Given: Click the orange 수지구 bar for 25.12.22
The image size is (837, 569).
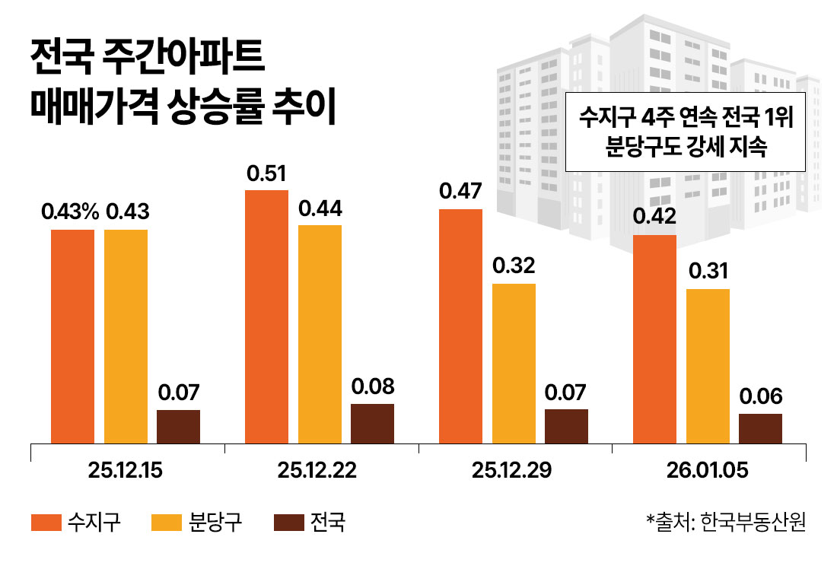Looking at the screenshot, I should (x=266, y=316).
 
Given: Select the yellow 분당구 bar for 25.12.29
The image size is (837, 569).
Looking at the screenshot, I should (x=514, y=363).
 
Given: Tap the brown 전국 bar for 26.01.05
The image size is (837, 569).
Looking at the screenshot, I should (x=760, y=428).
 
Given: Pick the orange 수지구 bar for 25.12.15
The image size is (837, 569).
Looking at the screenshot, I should (x=72, y=335).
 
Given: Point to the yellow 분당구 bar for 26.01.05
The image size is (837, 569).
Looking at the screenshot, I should (x=708, y=366).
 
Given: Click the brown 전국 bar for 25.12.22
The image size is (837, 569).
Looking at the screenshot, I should (x=372, y=423).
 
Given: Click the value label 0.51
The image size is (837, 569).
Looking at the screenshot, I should (x=266, y=175).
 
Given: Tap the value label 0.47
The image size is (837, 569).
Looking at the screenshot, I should (x=460, y=192).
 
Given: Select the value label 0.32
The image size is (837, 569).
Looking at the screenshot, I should (x=514, y=267).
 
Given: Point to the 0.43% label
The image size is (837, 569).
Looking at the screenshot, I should (x=71, y=213).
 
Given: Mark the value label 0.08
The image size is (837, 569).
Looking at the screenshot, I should (x=373, y=387).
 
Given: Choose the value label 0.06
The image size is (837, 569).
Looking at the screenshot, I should (x=760, y=397).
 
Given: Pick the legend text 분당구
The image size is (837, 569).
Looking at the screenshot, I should (x=215, y=523).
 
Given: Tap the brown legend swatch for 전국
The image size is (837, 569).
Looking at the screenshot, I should (x=288, y=523).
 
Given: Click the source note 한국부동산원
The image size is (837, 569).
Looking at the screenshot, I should (x=753, y=523).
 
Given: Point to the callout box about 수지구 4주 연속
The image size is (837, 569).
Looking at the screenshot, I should (x=685, y=132).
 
